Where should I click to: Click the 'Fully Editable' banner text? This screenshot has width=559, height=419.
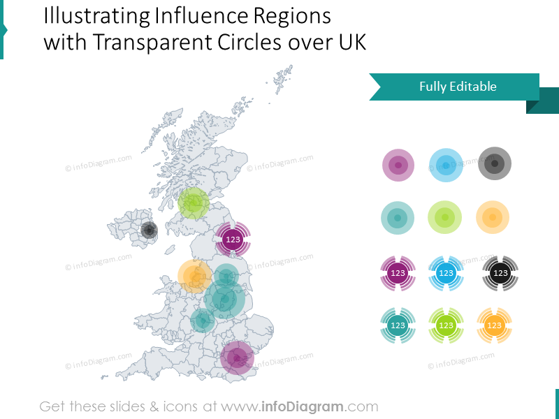[458, 87]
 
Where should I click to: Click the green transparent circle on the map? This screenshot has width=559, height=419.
[194, 203]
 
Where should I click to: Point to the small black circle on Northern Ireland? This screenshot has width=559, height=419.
[149, 230]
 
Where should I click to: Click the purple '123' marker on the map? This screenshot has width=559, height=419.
[233, 240]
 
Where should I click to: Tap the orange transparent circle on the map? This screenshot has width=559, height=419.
[194, 276]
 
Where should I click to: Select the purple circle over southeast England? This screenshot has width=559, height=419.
[237, 358]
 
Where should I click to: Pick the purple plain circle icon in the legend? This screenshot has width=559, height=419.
[398, 166]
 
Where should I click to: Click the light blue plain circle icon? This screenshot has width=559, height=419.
[445, 166]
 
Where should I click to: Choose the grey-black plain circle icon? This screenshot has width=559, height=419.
[495, 165]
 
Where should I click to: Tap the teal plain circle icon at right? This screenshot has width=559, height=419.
[398, 218]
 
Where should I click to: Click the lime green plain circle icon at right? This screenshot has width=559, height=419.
[445, 217]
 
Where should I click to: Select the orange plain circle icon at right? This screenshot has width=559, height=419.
[493, 217]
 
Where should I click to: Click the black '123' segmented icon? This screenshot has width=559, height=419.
[500, 273]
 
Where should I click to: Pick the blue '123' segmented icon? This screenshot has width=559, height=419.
[446, 273]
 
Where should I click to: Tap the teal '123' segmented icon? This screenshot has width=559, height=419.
[398, 325]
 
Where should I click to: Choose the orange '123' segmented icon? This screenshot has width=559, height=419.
[494, 325]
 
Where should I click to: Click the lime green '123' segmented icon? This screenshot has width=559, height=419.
[445, 325]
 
